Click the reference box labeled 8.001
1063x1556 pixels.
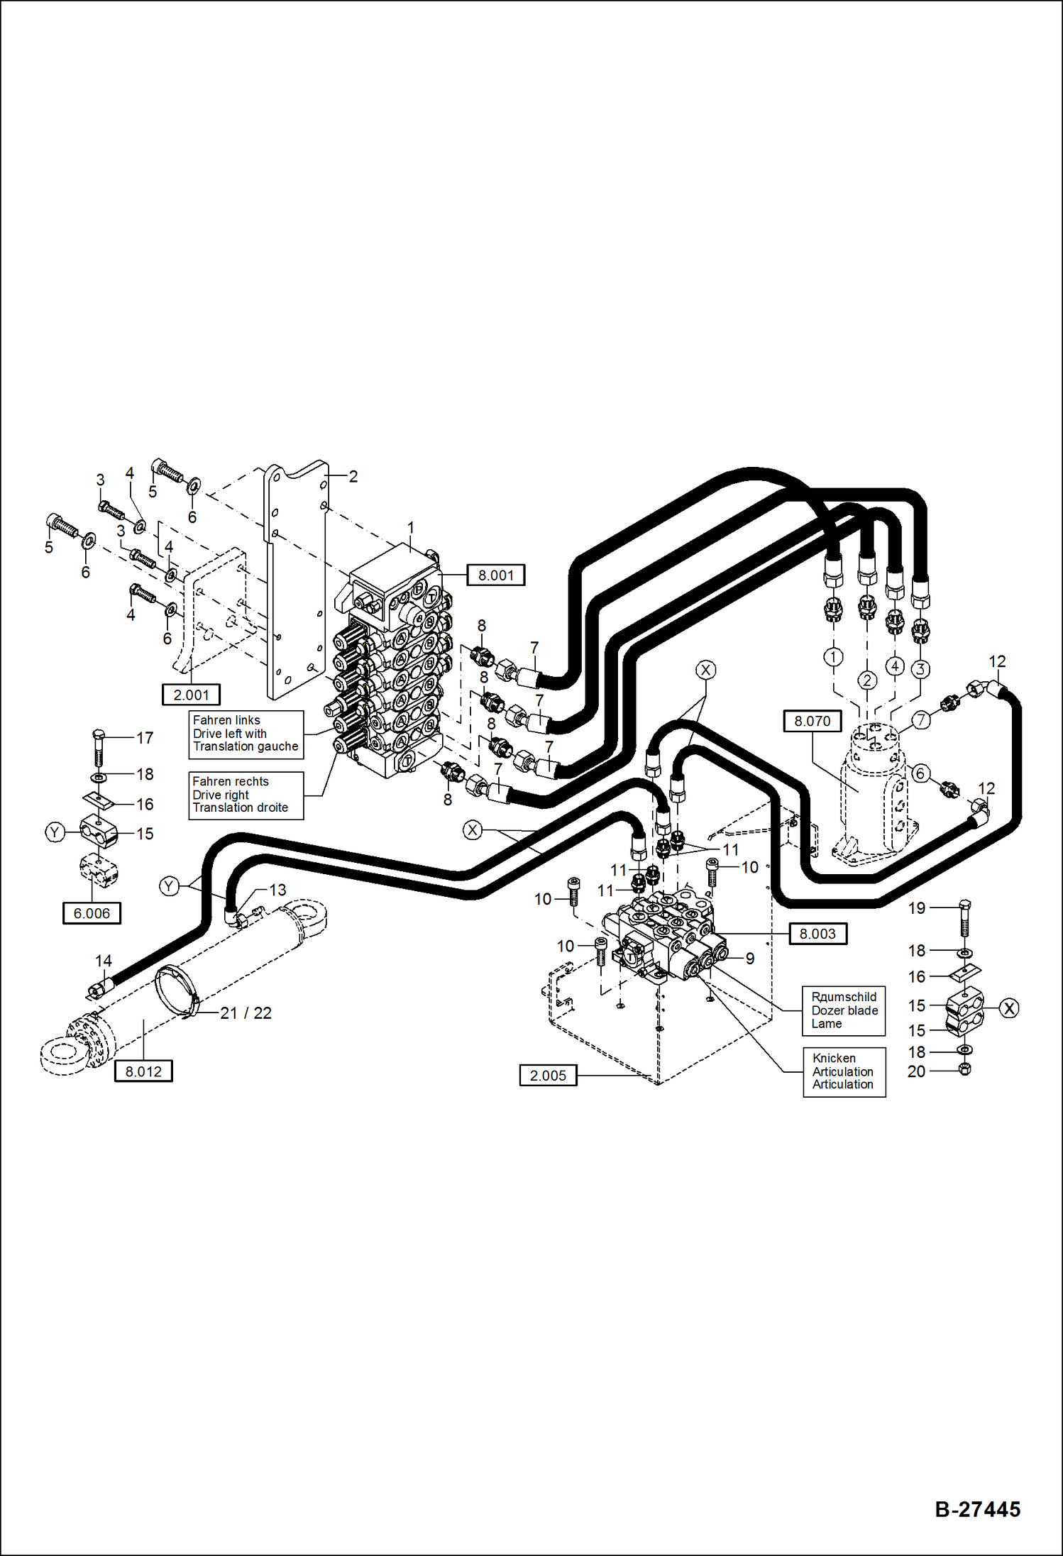(x=495, y=575)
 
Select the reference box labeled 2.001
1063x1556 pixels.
(x=191, y=695)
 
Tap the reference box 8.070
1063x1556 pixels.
(x=812, y=721)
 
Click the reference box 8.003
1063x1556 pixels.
(x=817, y=934)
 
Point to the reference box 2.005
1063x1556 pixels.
(x=548, y=1075)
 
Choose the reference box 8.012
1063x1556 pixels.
(x=143, y=1071)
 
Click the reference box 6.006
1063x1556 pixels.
(x=92, y=913)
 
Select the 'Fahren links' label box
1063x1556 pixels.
(x=246, y=734)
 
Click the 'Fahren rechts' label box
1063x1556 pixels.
(x=246, y=795)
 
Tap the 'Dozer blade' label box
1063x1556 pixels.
(x=844, y=1010)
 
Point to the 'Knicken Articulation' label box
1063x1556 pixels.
(x=844, y=1071)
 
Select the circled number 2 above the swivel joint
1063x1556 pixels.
(x=867, y=680)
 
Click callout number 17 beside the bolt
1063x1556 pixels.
(x=145, y=738)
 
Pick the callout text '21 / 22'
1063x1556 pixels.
(x=246, y=1013)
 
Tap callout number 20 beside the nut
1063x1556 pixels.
(x=916, y=1071)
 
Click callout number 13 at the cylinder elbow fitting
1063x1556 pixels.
(x=277, y=890)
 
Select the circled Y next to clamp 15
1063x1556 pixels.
(x=55, y=832)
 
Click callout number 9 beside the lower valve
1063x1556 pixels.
(x=749, y=959)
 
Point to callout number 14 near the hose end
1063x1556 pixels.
(x=104, y=961)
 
